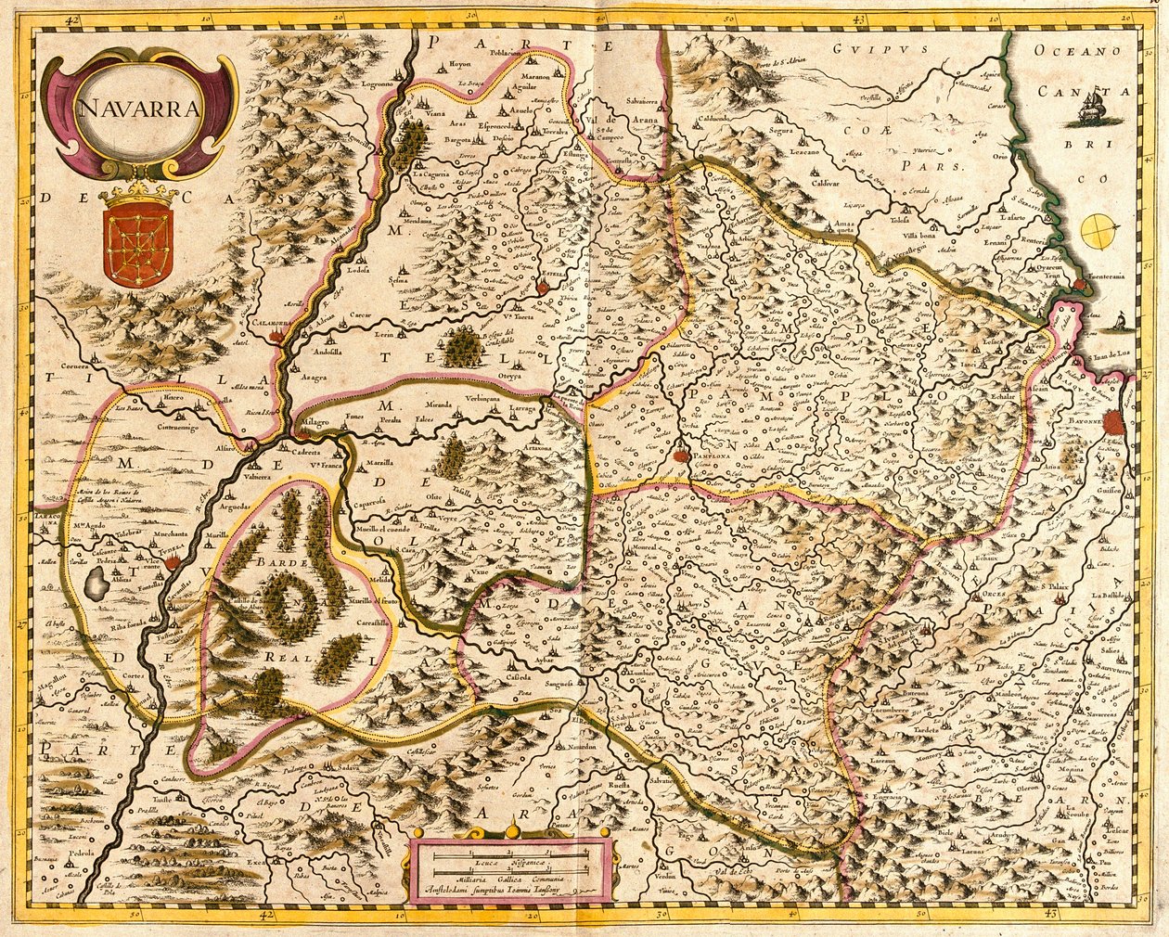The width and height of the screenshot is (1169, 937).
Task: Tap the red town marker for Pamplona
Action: (684, 455)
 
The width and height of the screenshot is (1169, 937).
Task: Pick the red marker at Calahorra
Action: (276, 338)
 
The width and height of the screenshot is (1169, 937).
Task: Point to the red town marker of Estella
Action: (543, 289)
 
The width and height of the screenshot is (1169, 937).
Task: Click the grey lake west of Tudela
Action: (96, 583)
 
